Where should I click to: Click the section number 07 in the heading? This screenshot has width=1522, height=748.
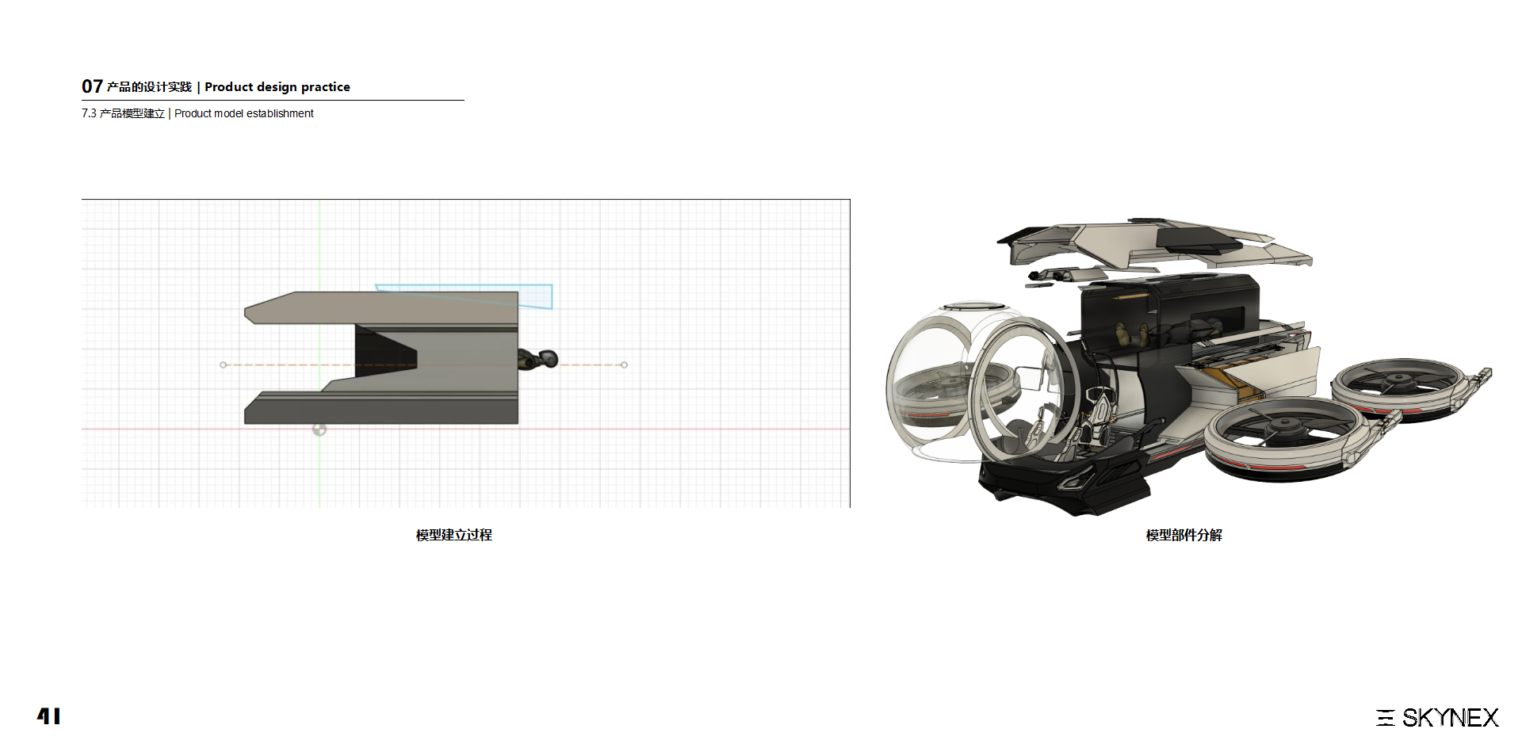click(92, 86)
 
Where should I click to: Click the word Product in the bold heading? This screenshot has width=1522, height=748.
click(228, 87)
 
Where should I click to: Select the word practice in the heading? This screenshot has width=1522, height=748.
click(325, 87)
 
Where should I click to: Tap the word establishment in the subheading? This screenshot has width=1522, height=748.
click(280, 113)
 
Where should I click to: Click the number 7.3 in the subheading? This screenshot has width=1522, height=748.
click(89, 113)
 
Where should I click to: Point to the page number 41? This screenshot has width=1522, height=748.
click(48, 716)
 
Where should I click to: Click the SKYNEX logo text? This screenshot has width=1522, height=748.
click(1450, 718)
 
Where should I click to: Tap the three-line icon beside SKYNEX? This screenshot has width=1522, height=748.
click(1385, 718)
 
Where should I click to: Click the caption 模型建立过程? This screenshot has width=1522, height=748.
click(453, 535)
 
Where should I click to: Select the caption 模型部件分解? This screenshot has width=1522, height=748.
click(1184, 535)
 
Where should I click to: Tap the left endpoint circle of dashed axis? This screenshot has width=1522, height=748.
click(224, 364)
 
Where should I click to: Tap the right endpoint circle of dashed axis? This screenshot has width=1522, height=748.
click(624, 364)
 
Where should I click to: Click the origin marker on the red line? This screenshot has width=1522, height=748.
click(319, 429)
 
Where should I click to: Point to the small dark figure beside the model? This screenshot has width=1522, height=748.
click(539, 360)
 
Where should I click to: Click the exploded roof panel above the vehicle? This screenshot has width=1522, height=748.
click(1149, 242)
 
